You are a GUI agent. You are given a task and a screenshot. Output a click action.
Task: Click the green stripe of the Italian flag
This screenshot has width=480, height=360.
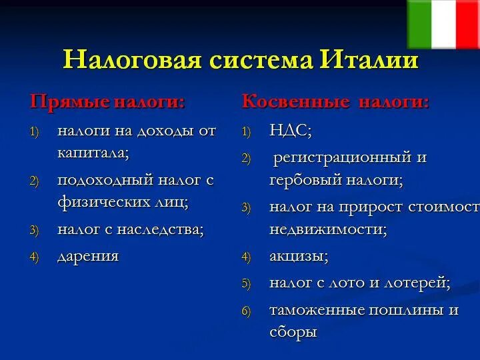click(419, 24)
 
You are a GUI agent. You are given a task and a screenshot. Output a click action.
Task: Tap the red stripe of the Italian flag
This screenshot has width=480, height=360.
click(468, 24)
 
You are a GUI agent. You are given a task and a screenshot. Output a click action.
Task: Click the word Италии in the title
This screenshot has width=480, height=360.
click(369, 59)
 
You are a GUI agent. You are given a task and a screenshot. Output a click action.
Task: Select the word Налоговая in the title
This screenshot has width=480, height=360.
click(132, 59)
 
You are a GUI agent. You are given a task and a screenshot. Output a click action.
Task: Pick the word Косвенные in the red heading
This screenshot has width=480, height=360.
click(295, 101)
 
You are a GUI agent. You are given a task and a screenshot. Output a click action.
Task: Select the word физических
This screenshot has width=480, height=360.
click(103, 203)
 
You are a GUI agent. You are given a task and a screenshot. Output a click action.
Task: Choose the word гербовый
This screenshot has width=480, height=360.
click(305, 180)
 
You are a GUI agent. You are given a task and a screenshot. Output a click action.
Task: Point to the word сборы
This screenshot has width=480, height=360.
click(293, 333)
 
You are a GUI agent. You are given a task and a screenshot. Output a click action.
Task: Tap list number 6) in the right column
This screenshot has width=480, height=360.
click(246, 311)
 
